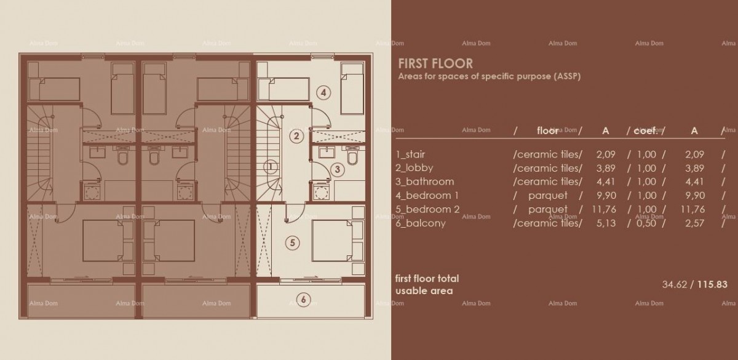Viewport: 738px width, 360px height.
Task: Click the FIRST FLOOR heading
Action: coord(435,63)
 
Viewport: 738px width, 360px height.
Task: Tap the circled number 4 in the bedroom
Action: coord(323,93)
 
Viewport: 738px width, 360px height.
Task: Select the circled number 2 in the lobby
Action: coord(296,136)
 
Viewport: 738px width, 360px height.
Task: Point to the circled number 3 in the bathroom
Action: coord(336,169)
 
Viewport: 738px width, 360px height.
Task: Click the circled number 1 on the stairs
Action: coord(269,166)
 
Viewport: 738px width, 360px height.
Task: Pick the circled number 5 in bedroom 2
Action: coord(293,243)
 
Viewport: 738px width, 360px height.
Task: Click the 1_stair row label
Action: coord(411,154)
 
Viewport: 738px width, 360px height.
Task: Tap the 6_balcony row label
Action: coord(421,223)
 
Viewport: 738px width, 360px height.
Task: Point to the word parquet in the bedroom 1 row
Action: coord(547,196)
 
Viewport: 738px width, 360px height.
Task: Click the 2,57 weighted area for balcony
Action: coord(694,223)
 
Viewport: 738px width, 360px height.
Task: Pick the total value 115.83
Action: coord(713,284)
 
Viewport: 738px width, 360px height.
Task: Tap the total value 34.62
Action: coord(674,284)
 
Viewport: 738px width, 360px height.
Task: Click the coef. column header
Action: coord(646,130)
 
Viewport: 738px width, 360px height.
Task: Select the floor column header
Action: coord(547,130)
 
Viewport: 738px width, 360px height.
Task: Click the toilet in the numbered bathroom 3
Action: coord(352,158)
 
